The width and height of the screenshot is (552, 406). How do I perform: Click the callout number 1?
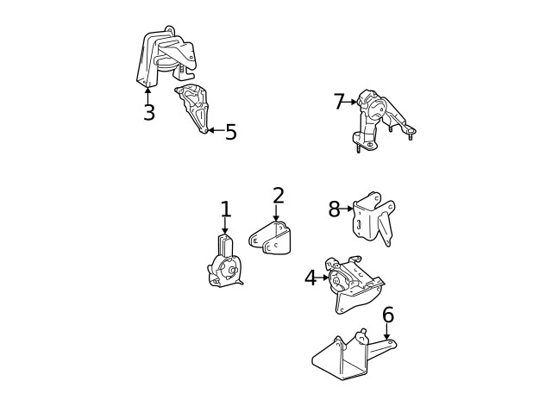[x=226, y=209]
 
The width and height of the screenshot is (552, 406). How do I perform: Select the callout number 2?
[x=277, y=196]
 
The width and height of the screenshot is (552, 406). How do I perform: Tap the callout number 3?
[x=148, y=113]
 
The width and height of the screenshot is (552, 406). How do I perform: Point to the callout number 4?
[x=310, y=278]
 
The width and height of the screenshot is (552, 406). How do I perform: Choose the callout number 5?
[x=230, y=133]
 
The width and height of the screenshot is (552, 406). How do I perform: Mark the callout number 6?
[x=387, y=315]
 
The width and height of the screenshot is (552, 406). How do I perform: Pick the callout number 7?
[x=338, y=102]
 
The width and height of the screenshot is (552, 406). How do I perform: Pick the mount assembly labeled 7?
[x=378, y=116]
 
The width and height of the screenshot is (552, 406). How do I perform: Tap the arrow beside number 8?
[x=348, y=208]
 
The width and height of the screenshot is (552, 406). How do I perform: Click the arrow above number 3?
[x=148, y=92]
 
